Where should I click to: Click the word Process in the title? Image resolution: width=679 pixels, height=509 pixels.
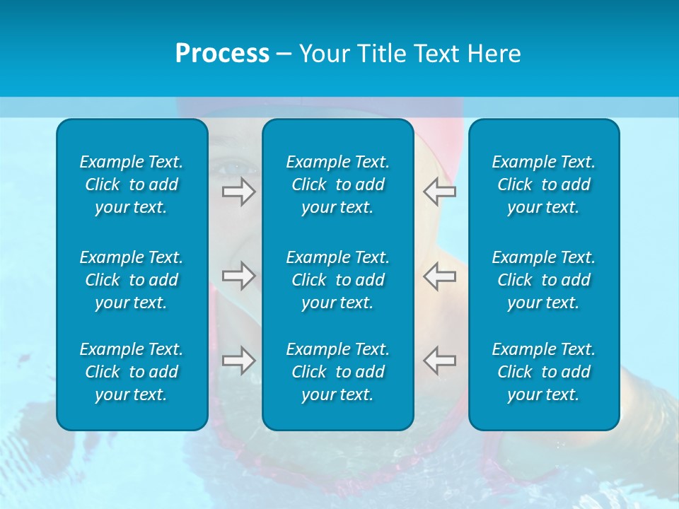[222, 54]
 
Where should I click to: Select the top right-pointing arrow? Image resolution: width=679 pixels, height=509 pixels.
[239, 192]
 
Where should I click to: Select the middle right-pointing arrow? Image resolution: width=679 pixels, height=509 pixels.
[239, 276]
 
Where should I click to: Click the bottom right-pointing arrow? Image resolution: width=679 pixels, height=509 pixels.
[239, 360]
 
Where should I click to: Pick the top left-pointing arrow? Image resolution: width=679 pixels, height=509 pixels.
[440, 192]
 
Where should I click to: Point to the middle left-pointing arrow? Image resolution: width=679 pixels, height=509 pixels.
[440, 276]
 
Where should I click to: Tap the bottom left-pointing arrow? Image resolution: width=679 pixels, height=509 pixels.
[440, 360]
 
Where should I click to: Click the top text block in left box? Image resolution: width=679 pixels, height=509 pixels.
[132, 185]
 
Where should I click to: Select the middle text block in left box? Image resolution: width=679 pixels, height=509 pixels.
[132, 280]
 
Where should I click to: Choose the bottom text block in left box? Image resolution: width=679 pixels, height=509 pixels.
[132, 372]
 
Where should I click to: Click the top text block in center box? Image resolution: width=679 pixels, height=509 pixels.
[337, 185]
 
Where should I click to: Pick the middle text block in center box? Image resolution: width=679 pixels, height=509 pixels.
[337, 280]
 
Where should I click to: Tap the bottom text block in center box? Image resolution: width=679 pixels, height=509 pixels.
[337, 372]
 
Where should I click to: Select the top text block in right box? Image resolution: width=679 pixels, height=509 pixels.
[543, 185]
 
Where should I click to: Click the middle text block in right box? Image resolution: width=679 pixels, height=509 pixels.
[543, 280]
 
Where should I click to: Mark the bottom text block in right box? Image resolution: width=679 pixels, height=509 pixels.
[543, 372]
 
